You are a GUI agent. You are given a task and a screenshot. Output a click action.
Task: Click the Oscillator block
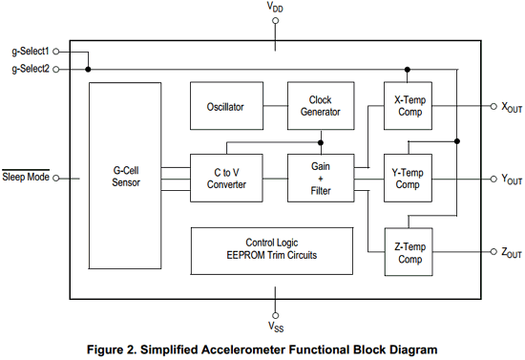(x=226, y=106)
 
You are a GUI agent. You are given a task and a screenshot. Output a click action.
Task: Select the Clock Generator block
(x=321, y=106)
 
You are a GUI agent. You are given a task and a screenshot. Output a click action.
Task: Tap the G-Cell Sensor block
(x=125, y=176)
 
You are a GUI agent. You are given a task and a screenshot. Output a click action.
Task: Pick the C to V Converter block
(x=226, y=179)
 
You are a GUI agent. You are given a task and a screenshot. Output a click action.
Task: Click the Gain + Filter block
(x=321, y=179)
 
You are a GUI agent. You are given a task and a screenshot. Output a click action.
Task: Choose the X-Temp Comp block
(x=408, y=106)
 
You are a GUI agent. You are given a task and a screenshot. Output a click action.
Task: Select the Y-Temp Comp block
(x=408, y=179)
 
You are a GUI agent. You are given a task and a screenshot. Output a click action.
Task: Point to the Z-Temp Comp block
(x=409, y=252)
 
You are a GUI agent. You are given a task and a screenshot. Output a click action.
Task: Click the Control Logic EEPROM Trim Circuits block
(x=272, y=251)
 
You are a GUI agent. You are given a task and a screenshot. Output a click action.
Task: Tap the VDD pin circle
(x=275, y=21)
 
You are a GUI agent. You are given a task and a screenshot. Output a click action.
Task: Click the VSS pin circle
(x=275, y=315)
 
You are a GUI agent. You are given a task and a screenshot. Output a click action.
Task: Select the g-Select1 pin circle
(x=56, y=52)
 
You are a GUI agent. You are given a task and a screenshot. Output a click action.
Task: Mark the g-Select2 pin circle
(x=56, y=70)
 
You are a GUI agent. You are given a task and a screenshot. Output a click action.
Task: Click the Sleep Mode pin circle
(x=56, y=179)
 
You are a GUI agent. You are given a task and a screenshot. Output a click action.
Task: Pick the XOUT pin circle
(x=493, y=107)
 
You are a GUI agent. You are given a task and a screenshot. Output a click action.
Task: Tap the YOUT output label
(x=512, y=180)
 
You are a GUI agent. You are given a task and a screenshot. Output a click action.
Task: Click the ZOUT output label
(x=512, y=253)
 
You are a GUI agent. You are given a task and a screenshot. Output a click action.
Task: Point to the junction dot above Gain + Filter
(x=321, y=142)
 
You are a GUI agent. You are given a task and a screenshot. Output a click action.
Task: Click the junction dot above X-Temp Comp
(x=408, y=70)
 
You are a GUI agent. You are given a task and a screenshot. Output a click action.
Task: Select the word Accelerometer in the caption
(x=244, y=349)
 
